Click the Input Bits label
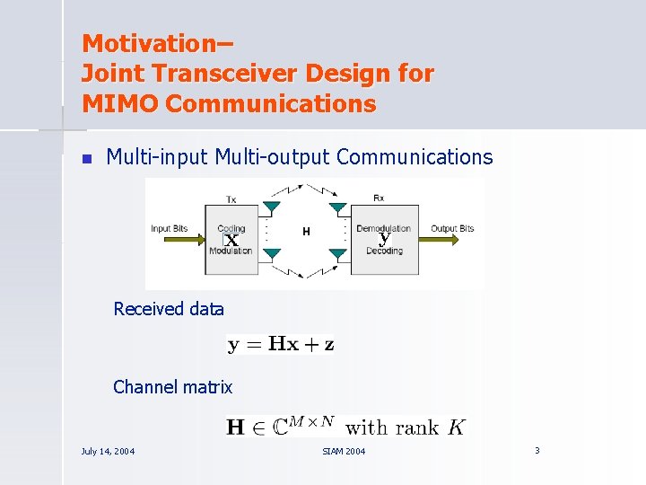click(175, 229)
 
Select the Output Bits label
click(452, 229)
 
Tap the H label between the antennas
click(306, 232)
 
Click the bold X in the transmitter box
click(231, 241)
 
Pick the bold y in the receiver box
click(384, 240)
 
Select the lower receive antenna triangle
click(337, 256)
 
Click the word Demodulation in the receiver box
click(383, 229)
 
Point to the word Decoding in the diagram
click(384, 251)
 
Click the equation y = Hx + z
click(281, 344)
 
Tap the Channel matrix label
click(172, 387)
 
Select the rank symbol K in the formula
click(457, 428)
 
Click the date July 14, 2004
click(108, 451)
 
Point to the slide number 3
click(537, 450)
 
